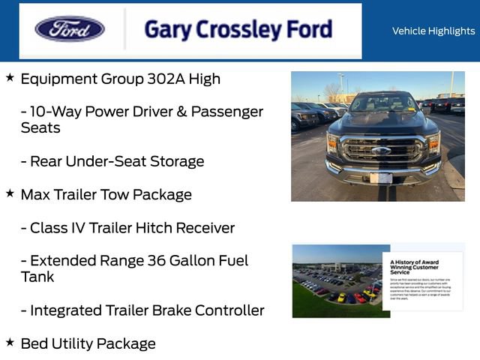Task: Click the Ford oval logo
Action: coord(70,29)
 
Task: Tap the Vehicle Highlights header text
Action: coord(433,31)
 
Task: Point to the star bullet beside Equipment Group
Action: coord(10,77)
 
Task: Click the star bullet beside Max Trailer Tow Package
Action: coord(10,193)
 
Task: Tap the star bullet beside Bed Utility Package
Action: coord(10,342)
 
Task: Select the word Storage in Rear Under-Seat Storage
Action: coord(176,161)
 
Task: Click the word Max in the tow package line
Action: coord(35,195)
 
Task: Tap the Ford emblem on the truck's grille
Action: coord(381,151)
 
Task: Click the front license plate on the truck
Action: coord(381,178)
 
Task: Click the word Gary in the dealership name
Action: coord(167,29)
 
